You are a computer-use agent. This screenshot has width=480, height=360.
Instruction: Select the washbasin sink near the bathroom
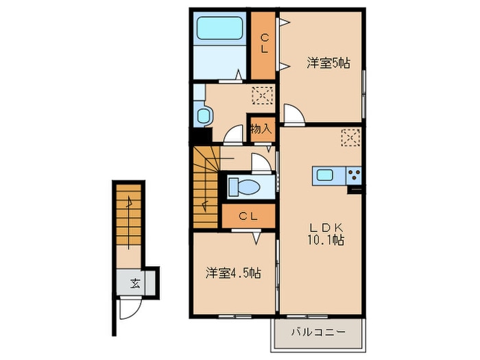coord(203,115)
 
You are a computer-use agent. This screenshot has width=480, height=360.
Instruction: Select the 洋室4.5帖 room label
coord(233,273)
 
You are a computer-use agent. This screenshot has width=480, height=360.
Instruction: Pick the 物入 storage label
coord(261,128)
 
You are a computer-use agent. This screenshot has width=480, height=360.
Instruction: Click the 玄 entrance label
coord(135,281)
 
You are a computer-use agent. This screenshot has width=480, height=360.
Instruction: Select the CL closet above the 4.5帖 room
coord(248,216)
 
